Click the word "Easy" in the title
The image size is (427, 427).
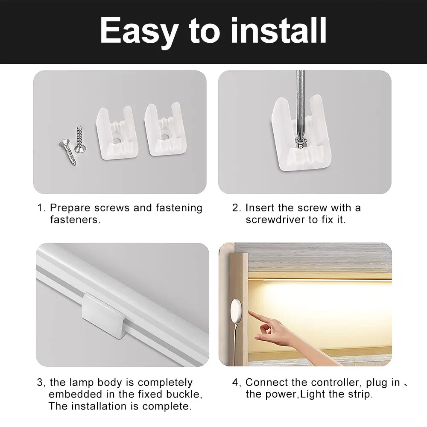click(139, 32)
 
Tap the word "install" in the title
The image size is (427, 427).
click(279, 31)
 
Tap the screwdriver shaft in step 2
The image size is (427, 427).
click(301, 98)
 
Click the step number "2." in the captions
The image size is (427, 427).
click(237, 208)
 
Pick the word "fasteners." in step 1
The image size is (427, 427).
click(75, 220)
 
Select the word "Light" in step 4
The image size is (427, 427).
click(312, 394)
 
